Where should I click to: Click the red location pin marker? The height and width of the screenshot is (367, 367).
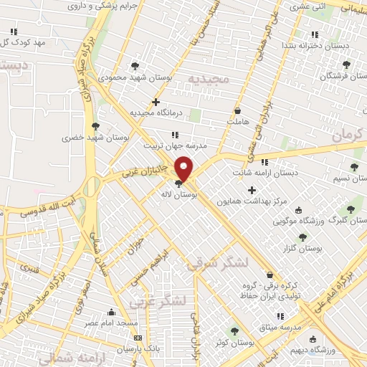coord(184,169)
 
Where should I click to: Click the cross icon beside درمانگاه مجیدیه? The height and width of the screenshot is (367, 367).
coord(156,103)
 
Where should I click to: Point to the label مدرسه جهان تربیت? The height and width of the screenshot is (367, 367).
coord(175,145)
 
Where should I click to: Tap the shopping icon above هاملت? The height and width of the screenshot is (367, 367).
coord(237,111)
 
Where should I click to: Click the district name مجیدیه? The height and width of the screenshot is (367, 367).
coord(208,77)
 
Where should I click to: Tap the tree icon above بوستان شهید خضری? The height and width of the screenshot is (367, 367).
coord(95,126)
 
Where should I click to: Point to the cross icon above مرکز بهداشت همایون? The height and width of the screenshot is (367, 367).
coord(251,190)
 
